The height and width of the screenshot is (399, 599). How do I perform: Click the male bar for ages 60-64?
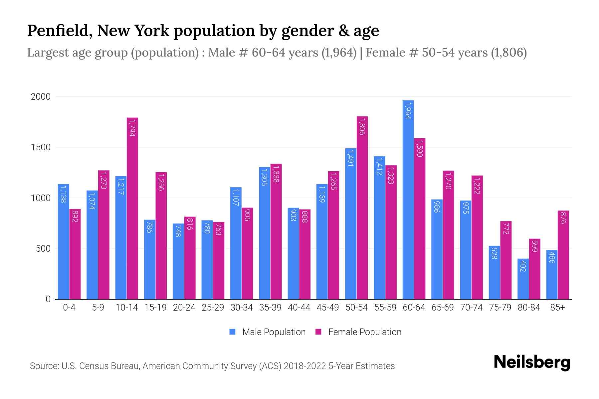coord(408,199)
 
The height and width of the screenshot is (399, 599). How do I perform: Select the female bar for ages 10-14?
coord(132,208)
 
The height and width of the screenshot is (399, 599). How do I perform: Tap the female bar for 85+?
coord(563,255)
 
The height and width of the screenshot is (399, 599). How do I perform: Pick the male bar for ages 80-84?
coord(523,279)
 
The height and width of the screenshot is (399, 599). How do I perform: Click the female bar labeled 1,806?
coord(362,208)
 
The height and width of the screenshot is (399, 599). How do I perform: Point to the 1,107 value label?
coord(235,198)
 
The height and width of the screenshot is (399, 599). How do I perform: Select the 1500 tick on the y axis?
coord(41,147)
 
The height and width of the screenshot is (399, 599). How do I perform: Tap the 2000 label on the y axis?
coord(41,97)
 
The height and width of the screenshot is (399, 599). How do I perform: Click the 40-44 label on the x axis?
coord(299,308)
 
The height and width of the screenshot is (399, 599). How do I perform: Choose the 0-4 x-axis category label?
coord(69,308)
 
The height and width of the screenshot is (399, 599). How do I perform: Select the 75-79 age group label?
coord(500,308)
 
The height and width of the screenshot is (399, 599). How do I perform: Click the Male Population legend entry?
coord(274,332)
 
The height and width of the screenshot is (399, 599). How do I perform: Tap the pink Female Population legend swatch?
coord(318,332)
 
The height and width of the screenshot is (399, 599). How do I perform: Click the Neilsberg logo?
coord(532,362)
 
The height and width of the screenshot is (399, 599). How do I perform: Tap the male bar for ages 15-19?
coord(149,259)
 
